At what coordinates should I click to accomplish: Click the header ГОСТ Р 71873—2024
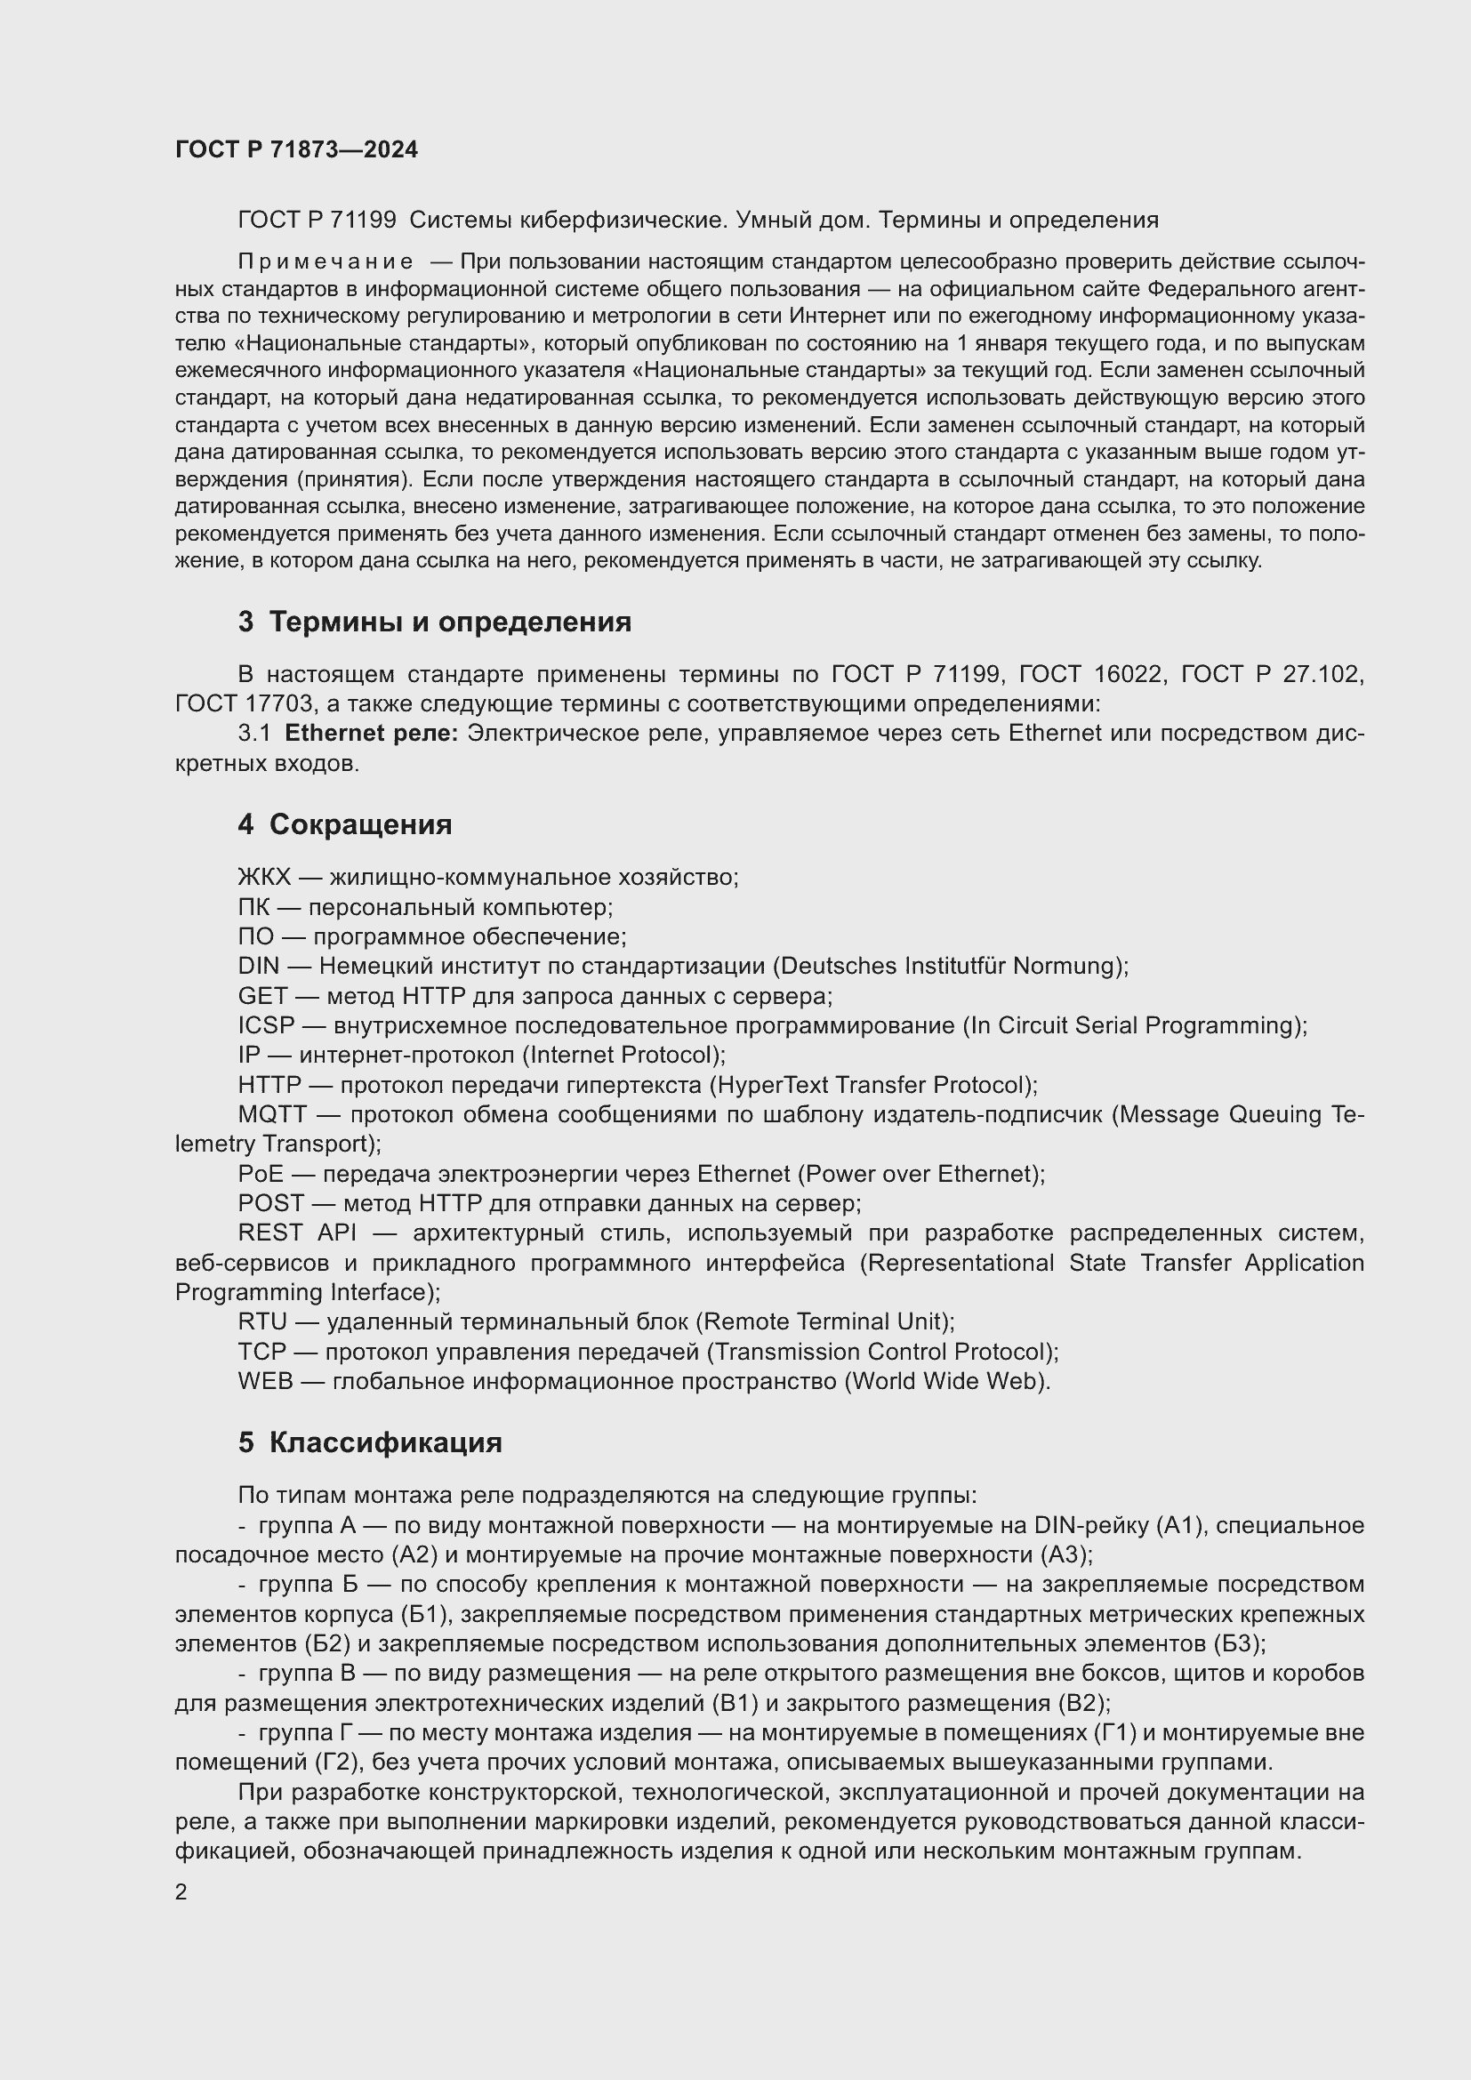[296, 150]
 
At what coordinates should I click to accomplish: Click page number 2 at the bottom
[181, 1892]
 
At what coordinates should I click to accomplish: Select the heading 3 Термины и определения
[434, 622]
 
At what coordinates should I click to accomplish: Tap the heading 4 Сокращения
[344, 824]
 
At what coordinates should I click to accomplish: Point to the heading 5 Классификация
[370, 1442]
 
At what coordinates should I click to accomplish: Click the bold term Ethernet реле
[372, 734]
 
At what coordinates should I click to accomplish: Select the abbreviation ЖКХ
[263, 877]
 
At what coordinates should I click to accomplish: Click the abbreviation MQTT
[272, 1114]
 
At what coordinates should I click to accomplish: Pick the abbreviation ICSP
[266, 1025]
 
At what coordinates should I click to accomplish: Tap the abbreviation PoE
[260, 1174]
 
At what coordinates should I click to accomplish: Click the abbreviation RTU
[261, 1321]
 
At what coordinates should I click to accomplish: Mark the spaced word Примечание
[326, 262]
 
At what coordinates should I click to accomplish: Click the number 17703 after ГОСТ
[277, 704]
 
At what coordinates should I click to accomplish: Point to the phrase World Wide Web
[946, 1382]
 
